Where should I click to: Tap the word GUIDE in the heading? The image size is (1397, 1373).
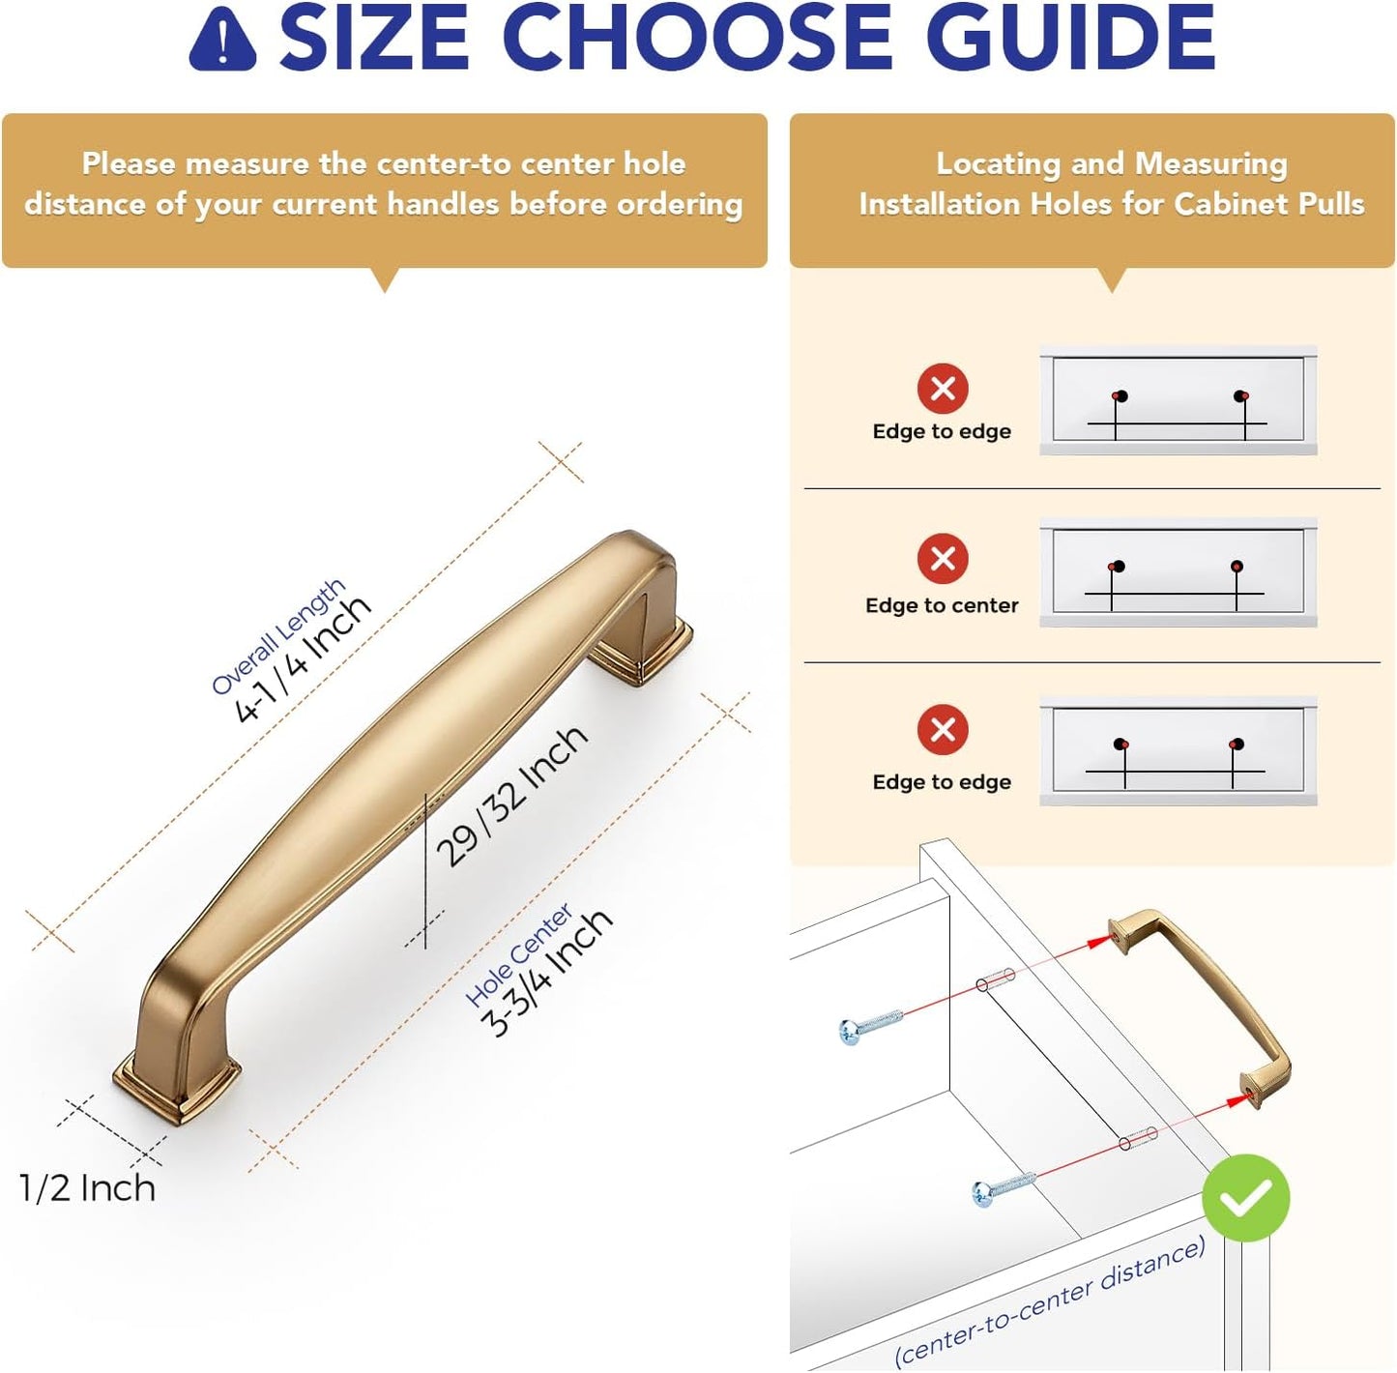(x=1070, y=37)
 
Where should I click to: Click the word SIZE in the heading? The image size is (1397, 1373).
(x=375, y=37)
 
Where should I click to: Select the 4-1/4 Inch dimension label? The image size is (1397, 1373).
(x=303, y=657)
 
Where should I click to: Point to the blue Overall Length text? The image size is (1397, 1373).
(x=277, y=636)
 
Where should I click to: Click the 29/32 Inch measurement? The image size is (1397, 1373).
(x=511, y=796)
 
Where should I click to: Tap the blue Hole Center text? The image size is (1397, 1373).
(x=518, y=955)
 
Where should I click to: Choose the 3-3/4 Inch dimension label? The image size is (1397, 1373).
(x=547, y=972)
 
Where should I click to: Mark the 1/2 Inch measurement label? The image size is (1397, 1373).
(x=87, y=1188)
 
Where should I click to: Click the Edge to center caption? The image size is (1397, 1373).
(x=942, y=605)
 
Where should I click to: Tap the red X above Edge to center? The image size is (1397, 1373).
(x=943, y=559)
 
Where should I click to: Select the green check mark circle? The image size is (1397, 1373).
(x=1245, y=1197)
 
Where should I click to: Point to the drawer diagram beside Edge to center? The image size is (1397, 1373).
(x=1179, y=572)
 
